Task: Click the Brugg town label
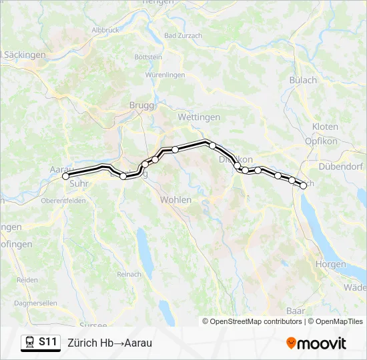[x=141, y=105]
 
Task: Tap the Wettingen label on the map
[x=199, y=117]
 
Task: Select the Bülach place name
[x=303, y=80]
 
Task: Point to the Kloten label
[x=325, y=127]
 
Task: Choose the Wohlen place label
[x=175, y=199]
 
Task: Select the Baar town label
[x=295, y=311]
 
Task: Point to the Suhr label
[x=79, y=187]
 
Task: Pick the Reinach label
[x=129, y=274]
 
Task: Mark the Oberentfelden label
[x=63, y=200]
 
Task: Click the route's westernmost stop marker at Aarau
[x=66, y=177]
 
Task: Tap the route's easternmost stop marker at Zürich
[x=304, y=186]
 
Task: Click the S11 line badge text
[x=47, y=342]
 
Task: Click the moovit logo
[x=316, y=343]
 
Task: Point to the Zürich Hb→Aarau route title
[x=109, y=343]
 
